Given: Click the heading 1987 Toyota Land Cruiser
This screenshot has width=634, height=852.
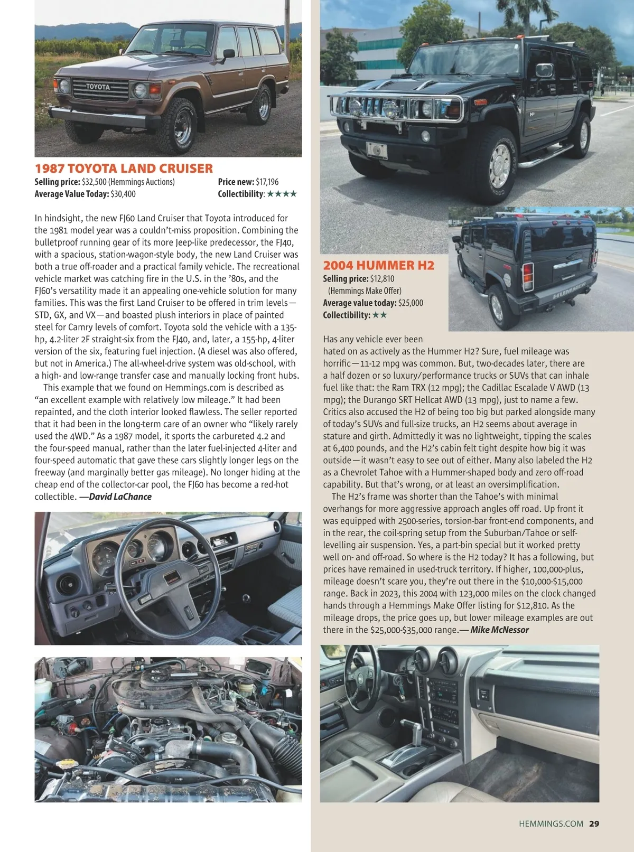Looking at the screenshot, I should [124, 168].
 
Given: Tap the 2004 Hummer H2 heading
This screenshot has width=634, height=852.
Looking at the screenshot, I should [378, 265].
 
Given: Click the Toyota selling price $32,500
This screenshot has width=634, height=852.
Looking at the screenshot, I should [95, 182].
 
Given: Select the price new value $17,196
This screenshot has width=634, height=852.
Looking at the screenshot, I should [267, 182].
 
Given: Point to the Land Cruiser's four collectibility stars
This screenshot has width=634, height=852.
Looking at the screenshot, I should [282, 194].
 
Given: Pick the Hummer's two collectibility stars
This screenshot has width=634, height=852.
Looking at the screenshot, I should [379, 315].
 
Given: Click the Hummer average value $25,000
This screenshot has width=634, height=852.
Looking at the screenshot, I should [411, 303].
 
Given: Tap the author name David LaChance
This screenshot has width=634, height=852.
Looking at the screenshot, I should [120, 497].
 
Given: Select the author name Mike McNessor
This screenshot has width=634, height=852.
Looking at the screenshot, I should [499, 630].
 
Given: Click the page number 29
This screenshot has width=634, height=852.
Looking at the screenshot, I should [594, 823].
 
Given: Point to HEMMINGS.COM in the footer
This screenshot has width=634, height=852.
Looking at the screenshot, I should [551, 823].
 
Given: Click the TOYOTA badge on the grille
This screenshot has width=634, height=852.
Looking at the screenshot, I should [98, 87].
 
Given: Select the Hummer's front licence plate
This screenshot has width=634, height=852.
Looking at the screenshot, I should [377, 149].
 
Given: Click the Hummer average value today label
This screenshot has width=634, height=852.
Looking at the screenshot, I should [359, 303].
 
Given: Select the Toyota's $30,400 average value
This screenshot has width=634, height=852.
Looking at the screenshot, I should [123, 194].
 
